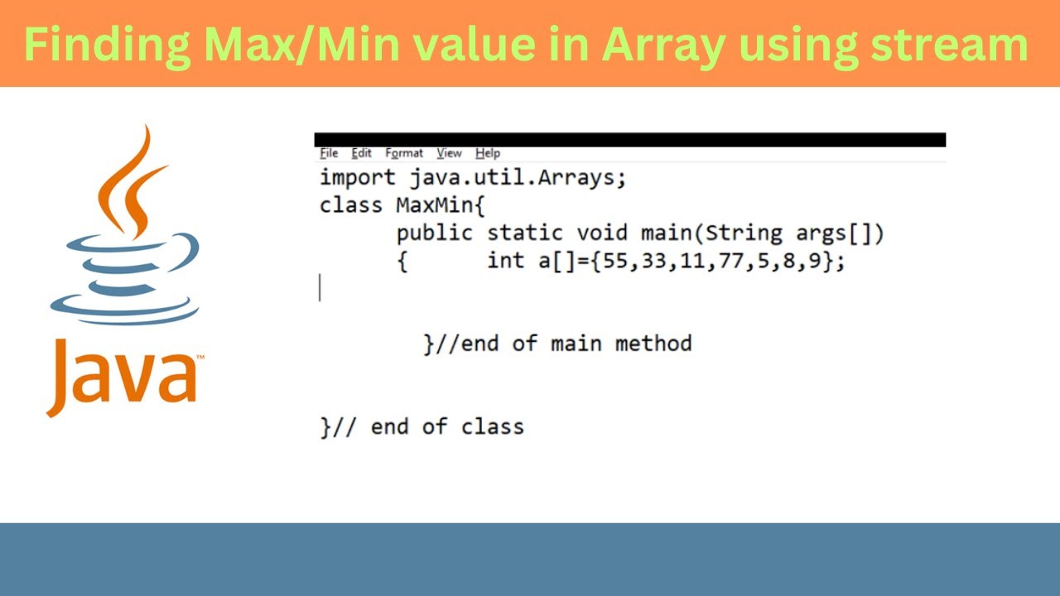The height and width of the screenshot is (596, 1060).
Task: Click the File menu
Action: pos(329,153)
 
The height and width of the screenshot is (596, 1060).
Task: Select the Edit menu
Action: pos(361,153)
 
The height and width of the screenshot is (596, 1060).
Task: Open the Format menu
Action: pos(404,153)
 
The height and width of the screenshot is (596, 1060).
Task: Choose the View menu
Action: pos(449,153)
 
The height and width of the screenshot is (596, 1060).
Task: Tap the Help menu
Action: pos(488,153)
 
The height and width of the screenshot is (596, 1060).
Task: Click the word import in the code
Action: pos(358,178)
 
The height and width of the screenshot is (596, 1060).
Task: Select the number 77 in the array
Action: pos(730,261)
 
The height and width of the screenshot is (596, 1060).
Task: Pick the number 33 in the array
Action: pos(653,261)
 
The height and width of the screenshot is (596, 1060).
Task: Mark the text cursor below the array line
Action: pos(320,288)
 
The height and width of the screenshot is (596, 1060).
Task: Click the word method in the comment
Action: pos(653,343)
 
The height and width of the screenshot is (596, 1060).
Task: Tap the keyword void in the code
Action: pos(603,233)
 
